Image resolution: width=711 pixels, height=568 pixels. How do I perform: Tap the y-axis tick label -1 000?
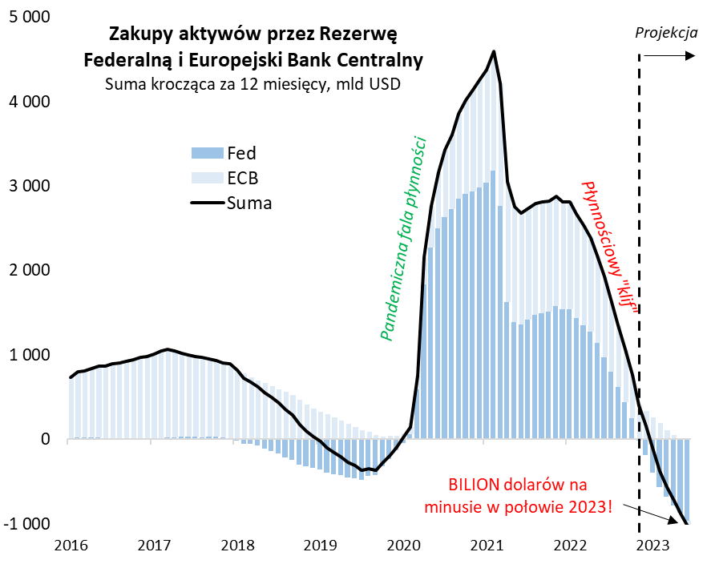click(26, 524)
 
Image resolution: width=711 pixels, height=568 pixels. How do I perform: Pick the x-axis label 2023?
click(653, 546)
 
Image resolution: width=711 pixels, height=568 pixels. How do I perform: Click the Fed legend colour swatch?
click(206, 153)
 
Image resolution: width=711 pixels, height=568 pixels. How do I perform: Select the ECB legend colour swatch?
click(206, 178)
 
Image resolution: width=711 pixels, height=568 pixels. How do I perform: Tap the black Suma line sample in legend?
click(206, 203)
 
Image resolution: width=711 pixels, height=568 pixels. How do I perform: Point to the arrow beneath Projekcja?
click(669, 55)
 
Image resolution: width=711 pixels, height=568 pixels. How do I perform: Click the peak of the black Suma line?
click(493, 52)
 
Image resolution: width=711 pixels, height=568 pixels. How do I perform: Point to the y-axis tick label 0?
click(46, 439)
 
